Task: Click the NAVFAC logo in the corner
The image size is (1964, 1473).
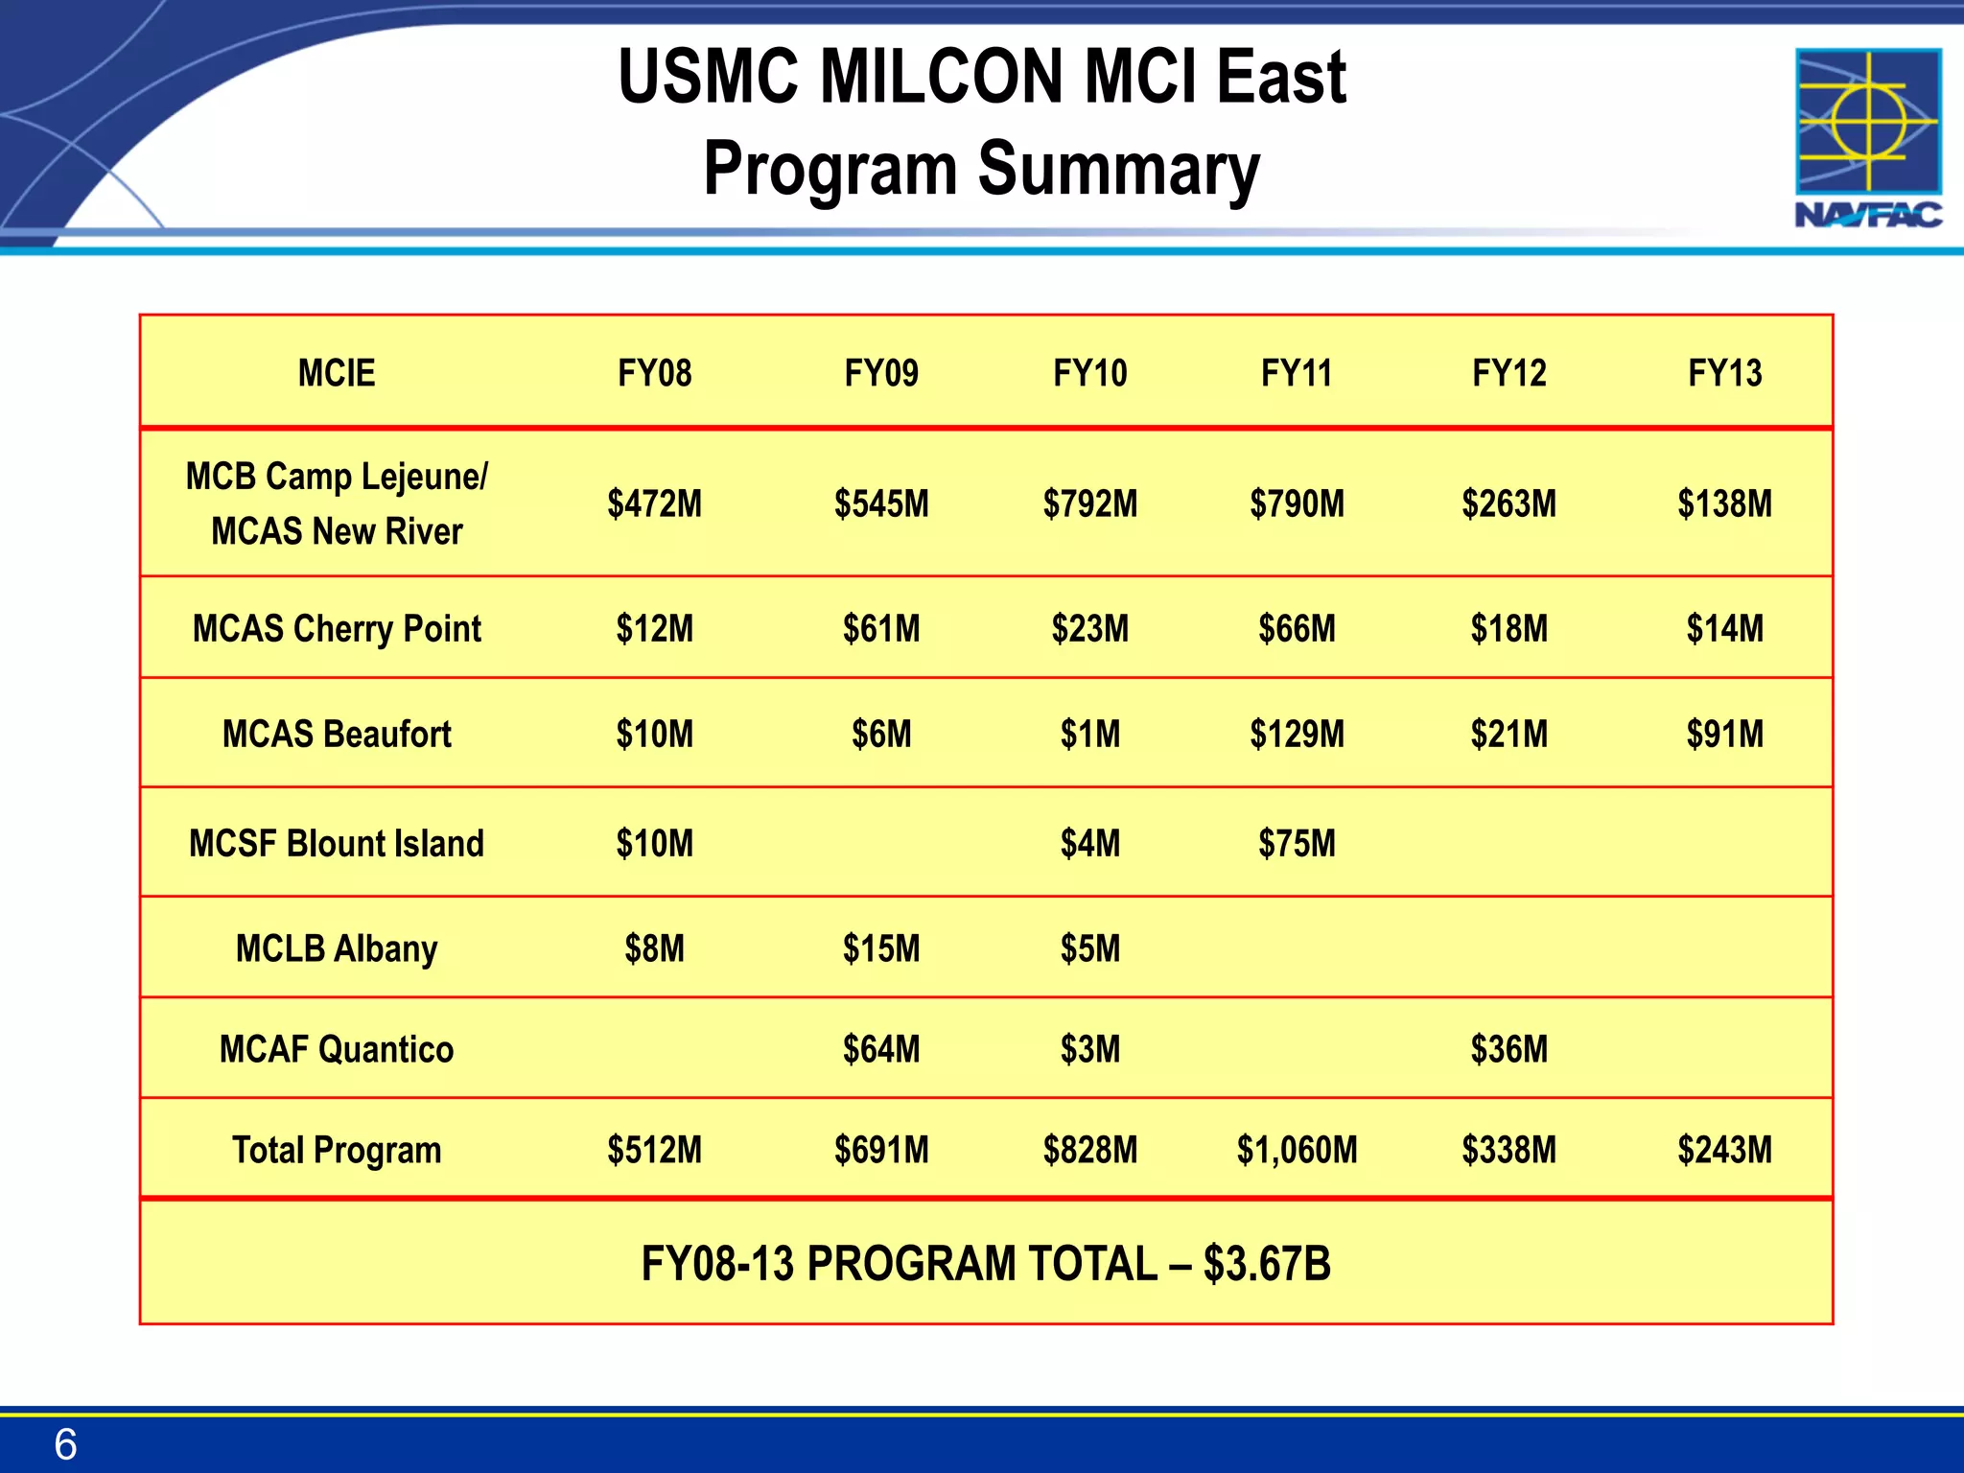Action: (1868, 138)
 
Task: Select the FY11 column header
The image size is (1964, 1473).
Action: (1297, 373)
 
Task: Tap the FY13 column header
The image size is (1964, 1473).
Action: (1724, 373)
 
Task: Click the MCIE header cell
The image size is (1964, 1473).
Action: (337, 373)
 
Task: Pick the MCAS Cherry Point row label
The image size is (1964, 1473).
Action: (337, 629)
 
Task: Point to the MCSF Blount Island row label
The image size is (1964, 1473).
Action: (337, 844)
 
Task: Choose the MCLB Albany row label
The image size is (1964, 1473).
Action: (337, 948)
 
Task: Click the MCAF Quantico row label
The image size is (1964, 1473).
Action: (337, 1049)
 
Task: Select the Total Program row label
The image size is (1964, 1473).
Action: (337, 1150)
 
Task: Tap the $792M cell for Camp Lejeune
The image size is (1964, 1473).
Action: (1090, 503)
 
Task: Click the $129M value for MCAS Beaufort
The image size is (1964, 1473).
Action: (1297, 735)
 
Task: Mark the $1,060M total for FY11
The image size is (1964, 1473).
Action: (1297, 1150)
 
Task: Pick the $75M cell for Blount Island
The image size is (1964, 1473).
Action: (1297, 844)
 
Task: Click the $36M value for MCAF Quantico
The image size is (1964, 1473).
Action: (1509, 1049)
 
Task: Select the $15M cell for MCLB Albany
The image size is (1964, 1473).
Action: (881, 948)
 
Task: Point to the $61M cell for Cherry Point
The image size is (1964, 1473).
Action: (881, 629)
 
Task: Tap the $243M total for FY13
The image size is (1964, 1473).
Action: (1724, 1150)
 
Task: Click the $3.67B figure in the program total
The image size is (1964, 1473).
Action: (1266, 1264)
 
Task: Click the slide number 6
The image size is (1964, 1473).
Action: (65, 1444)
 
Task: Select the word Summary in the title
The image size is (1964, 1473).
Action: (1118, 169)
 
